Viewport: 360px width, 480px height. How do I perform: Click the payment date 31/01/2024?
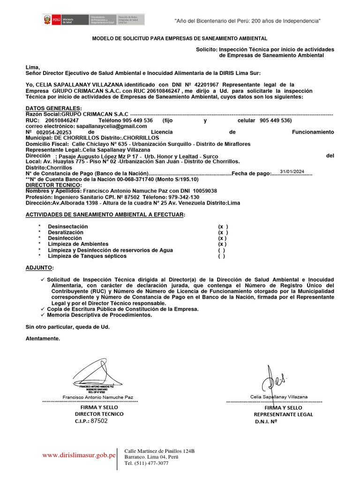pyautogui.click(x=292, y=171)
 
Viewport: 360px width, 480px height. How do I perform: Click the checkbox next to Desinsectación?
pyautogui.click(x=223, y=226)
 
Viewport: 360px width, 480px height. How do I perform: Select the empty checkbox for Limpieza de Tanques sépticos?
pyautogui.click(x=221, y=256)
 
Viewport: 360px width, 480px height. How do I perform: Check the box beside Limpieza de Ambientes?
pyautogui.click(x=222, y=244)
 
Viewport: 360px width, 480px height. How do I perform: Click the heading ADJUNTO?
pyautogui.click(x=39, y=268)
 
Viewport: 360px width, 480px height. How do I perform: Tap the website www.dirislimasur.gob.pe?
pyautogui.click(x=79, y=455)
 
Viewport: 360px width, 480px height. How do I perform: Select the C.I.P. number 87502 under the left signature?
pyautogui.click(x=99, y=421)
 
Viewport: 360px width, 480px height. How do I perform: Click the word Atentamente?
pyautogui.click(x=43, y=338)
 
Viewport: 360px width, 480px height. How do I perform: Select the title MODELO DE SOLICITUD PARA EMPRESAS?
pyautogui.click(x=180, y=38)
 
